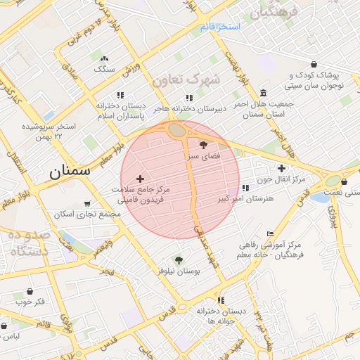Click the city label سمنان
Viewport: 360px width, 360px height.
(70, 170)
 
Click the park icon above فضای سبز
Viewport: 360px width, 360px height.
(204, 144)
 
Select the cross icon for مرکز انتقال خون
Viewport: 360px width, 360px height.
(281, 168)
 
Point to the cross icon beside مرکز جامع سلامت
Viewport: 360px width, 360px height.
(140, 179)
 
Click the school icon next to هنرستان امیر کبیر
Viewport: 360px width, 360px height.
(245, 188)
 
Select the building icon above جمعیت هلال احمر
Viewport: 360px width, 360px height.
(263, 93)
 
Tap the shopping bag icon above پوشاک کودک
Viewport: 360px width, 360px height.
(314, 64)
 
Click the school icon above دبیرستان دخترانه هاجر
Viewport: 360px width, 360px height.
(188, 98)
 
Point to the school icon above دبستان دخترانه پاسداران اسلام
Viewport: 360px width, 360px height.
(120, 95)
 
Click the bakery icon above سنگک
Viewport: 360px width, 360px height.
(105, 59)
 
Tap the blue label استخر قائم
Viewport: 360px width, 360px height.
(219, 27)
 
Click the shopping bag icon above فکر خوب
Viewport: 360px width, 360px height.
(30, 291)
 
